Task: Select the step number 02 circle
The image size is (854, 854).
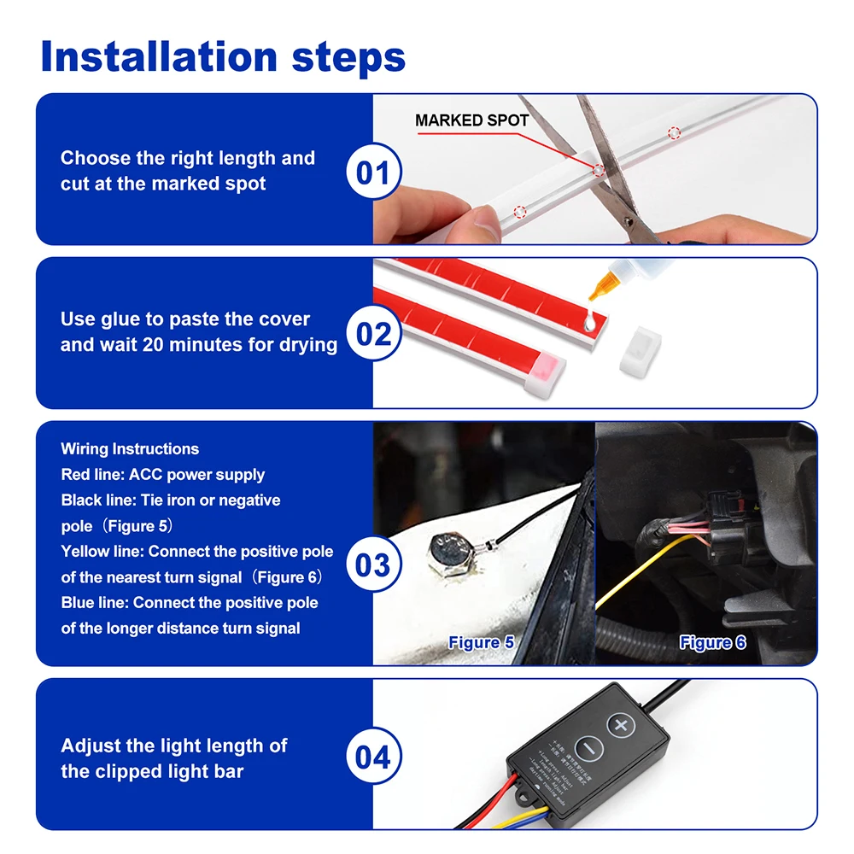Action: pyautogui.click(x=373, y=333)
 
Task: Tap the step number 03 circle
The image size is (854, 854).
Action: pyautogui.click(x=373, y=564)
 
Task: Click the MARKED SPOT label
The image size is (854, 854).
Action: pyautogui.click(x=471, y=120)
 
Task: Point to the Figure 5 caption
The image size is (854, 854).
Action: pyautogui.click(x=481, y=642)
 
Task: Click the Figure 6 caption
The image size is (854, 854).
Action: pyautogui.click(x=712, y=642)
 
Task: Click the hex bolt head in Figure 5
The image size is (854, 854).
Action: pyautogui.click(x=448, y=547)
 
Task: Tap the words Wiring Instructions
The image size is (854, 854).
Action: pyautogui.click(x=130, y=449)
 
